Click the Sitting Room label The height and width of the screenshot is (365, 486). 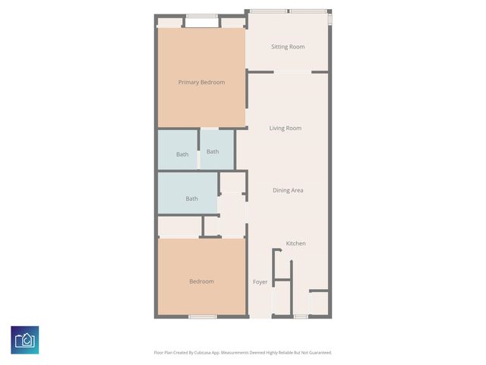288,47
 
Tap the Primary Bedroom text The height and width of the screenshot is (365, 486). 201,82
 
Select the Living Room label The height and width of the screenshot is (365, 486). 286,128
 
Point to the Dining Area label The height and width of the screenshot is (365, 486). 288,190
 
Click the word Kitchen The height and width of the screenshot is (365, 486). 295,243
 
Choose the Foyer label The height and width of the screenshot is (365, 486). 260,282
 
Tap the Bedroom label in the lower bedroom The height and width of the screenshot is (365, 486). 201,281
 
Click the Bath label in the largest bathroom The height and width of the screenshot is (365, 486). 191,199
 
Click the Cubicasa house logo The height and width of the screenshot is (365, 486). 25,340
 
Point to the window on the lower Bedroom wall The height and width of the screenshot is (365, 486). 203,316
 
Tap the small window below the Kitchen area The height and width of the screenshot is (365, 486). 301,316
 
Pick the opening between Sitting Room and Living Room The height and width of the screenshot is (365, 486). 292,72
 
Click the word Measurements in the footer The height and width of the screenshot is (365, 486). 237,353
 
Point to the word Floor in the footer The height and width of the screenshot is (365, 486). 158,353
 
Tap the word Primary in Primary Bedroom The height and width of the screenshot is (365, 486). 188,82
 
